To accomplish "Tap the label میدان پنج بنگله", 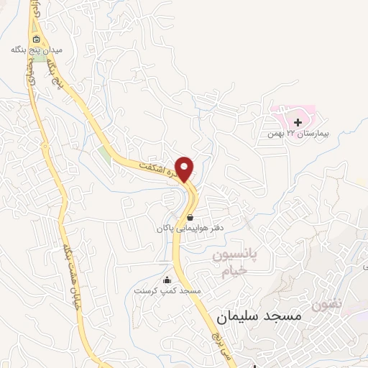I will point(37,50).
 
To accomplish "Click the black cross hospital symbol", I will point(298,123).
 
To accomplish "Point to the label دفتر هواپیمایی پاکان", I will point(190,228).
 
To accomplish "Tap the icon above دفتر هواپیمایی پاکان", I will point(190,217).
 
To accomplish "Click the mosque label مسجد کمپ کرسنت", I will point(167,290).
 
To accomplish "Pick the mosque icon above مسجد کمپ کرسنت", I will point(167,280).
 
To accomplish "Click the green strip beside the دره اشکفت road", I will point(106,155).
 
